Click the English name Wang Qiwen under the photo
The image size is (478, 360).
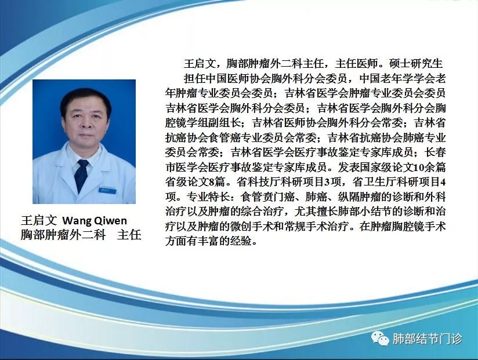[x=95, y=220]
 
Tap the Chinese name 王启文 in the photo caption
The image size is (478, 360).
[x=39, y=220]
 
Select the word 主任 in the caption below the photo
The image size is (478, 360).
[x=129, y=235]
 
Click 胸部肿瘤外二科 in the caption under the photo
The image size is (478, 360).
[x=63, y=235]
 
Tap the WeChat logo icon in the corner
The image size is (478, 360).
[x=380, y=339]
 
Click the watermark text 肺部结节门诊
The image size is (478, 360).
[x=427, y=339]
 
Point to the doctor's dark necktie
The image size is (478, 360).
[x=81, y=176]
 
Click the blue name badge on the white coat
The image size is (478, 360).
[x=107, y=191]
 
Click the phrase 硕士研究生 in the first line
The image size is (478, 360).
[x=416, y=63]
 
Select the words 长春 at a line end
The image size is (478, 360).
[x=435, y=152]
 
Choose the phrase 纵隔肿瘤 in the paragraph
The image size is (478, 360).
[x=360, y=197]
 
